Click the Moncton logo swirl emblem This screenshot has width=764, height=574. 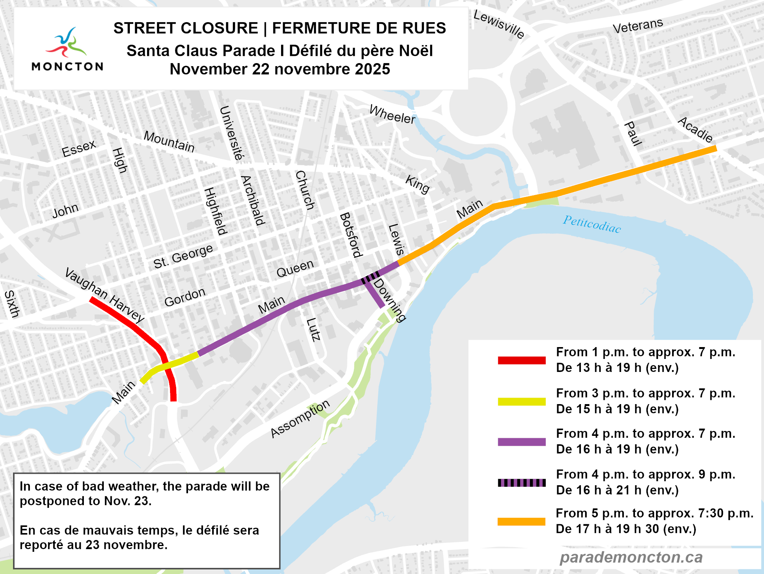(67, 43)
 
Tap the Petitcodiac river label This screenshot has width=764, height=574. (592, 224)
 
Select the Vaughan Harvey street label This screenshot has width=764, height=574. (104, 295)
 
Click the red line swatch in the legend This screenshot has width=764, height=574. (522, 360)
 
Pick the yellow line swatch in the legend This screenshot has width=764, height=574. (522, 401)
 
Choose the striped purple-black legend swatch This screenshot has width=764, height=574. (522, 483)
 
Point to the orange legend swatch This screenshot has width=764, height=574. (522, 522)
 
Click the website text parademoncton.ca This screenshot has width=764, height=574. (631, 557)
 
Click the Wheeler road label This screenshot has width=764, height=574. (392, 114)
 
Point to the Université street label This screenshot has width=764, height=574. (231, 133)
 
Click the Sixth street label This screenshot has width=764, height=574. (11, 304)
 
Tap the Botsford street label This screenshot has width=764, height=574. (350, 235)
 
